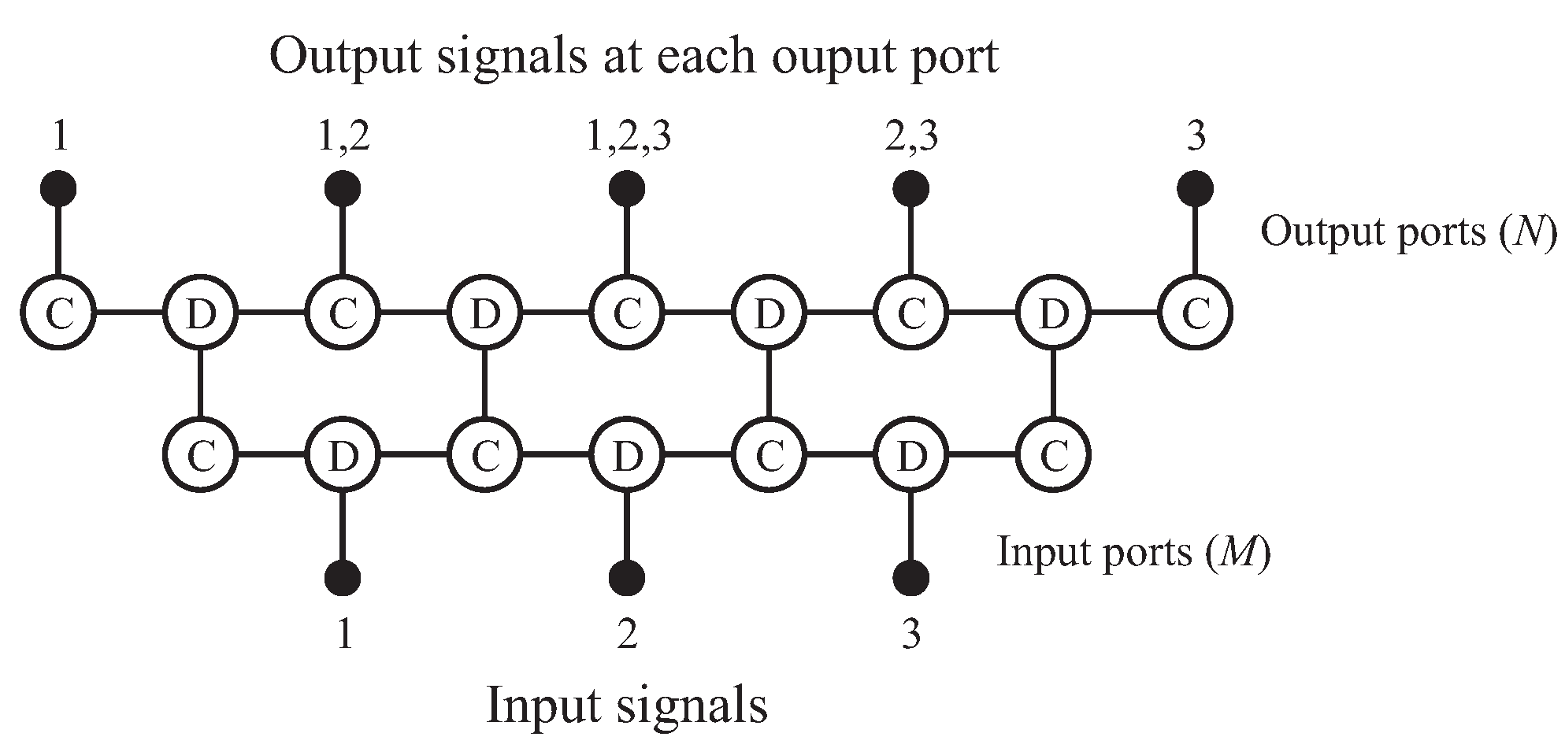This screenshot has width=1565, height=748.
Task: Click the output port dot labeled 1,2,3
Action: (627, 188)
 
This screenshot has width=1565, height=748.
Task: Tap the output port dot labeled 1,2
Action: (343, 188)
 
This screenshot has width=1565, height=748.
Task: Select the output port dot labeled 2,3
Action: (910, 188)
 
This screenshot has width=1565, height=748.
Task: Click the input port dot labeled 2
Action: (627, 577)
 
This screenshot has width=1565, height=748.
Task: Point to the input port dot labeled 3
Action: (910, 577)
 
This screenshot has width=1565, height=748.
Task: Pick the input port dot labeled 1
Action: (343, 577)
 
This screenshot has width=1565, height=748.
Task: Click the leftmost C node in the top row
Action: (58, 313)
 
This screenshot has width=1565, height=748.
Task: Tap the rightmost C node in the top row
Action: (1195, 313)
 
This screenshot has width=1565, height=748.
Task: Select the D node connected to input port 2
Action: (627, 455)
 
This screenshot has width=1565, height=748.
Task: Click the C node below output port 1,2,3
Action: (627, 313)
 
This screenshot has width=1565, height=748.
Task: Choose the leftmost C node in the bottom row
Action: (201, 455)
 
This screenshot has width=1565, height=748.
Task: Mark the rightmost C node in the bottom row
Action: (1053, 455)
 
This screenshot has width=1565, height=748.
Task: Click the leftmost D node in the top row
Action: (201, 313)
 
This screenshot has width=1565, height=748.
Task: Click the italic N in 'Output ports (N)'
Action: (1528, 232)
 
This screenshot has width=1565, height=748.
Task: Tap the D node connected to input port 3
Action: (910, 455)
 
